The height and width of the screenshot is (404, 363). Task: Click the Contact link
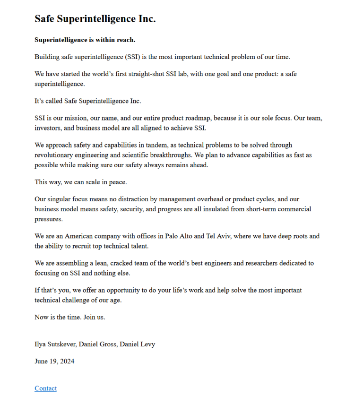point(45,388)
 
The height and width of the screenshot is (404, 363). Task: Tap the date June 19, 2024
point(54,361)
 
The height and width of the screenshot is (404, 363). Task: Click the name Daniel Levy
point(137,344)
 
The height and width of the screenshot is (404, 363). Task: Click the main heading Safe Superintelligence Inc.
point(95,19)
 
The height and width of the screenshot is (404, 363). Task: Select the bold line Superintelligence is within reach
point(85,40)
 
